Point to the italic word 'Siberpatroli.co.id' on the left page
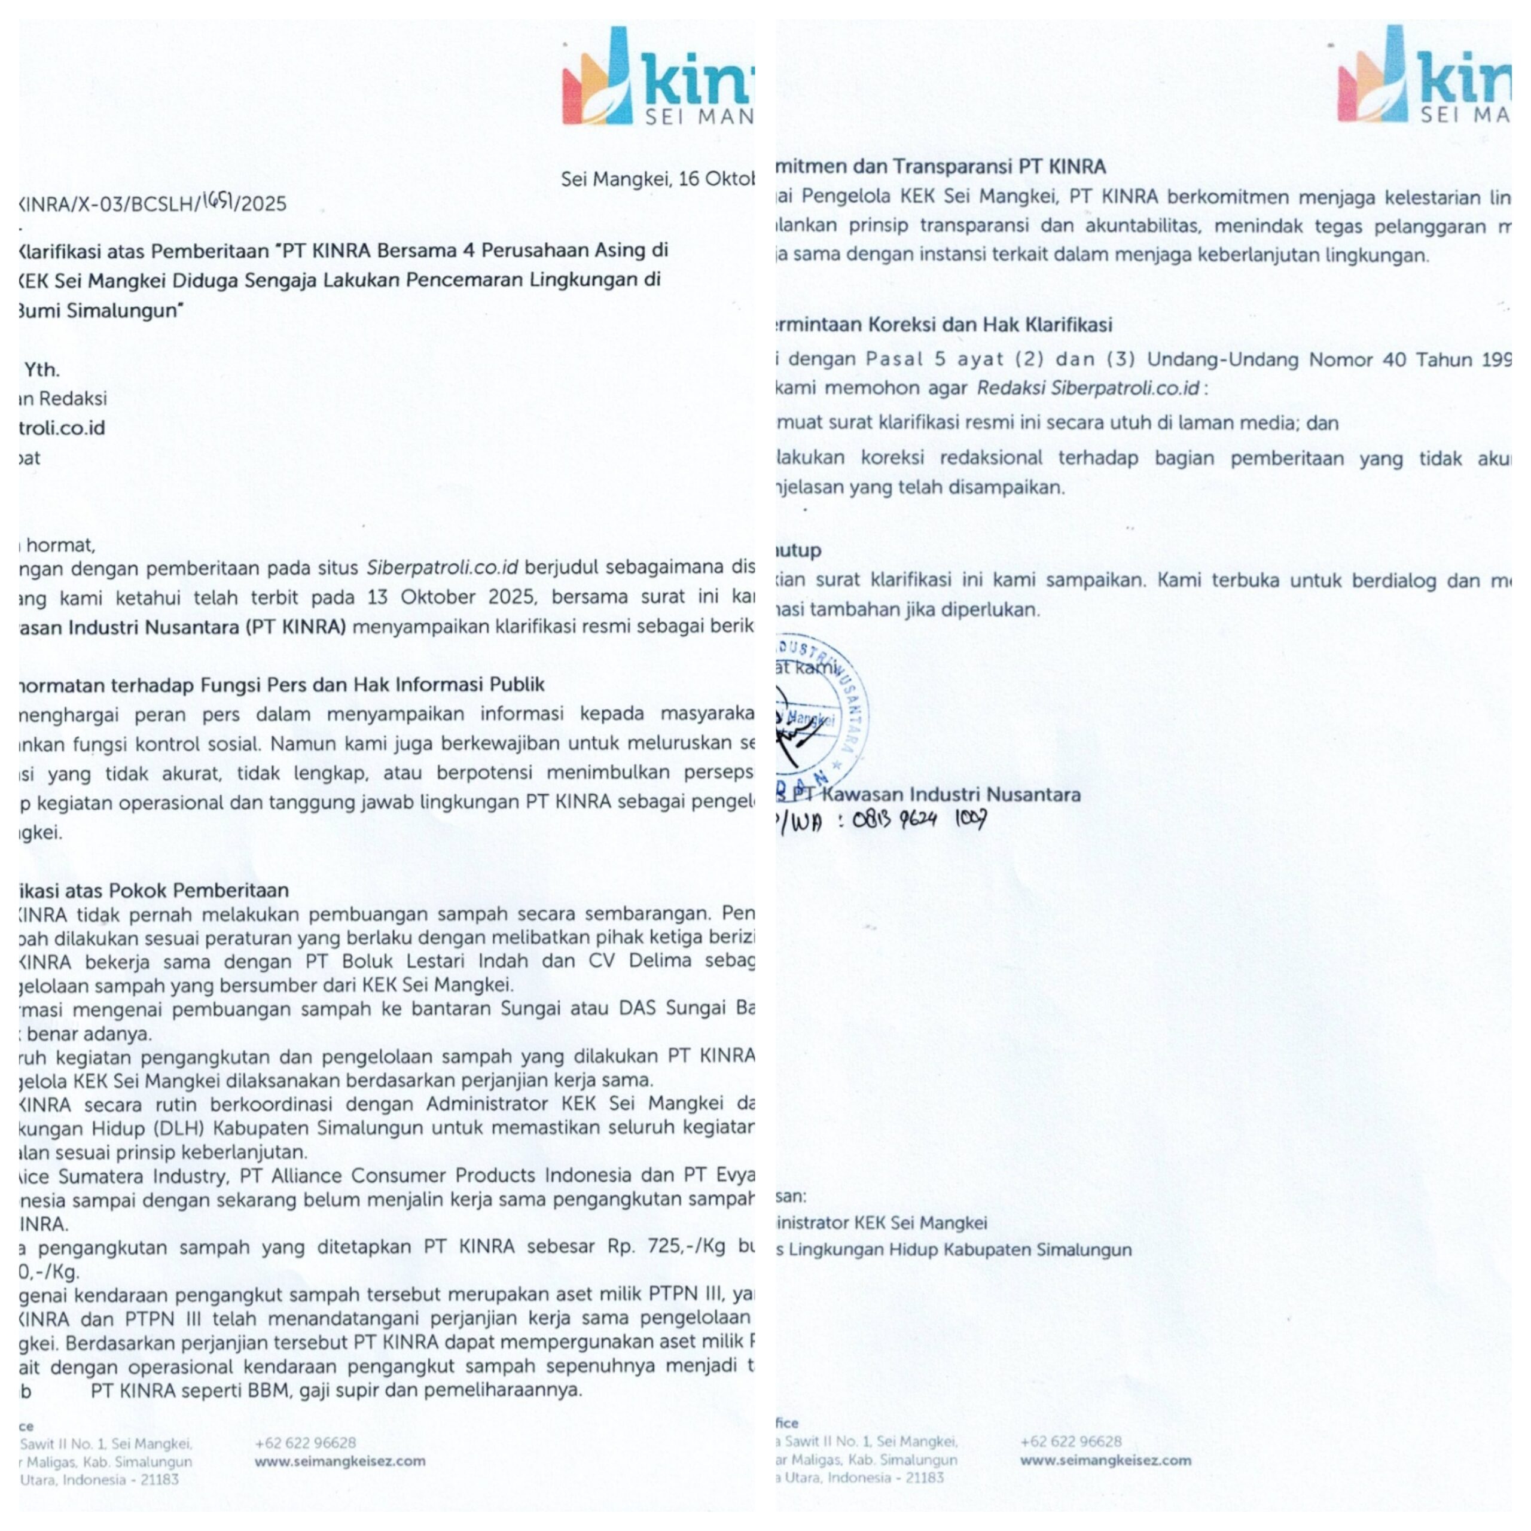coord(441,568)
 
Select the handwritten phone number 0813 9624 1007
coord(919,819)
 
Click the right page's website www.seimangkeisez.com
coord(1105,1460)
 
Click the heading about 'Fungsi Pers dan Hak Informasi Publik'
coord(281,684)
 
